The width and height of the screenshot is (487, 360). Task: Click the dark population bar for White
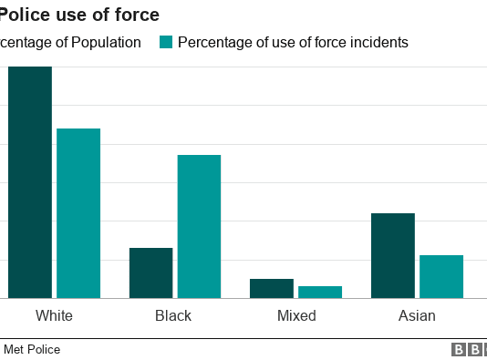[30, 182]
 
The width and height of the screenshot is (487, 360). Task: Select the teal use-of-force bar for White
[78, 213]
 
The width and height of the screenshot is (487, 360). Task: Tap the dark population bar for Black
[150, 273]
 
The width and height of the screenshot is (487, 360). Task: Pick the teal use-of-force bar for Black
[199, 226]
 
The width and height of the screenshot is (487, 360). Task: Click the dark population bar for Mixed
[271, 288]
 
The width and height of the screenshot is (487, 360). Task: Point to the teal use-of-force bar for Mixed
[319, 292]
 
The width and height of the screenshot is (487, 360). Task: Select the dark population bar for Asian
[392, 255]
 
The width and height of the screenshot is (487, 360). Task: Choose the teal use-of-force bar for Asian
[440, 276]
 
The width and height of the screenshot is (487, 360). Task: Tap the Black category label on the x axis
[173, 316]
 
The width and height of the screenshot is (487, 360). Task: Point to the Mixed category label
[296, 316]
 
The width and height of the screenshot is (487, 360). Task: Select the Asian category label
[417, 316]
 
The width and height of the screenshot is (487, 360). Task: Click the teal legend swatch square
[165, 42]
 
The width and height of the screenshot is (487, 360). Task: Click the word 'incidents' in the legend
[378, 42]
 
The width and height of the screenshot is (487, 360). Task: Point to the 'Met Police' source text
[32, 349]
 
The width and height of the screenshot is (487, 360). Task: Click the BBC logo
[468, 349]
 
